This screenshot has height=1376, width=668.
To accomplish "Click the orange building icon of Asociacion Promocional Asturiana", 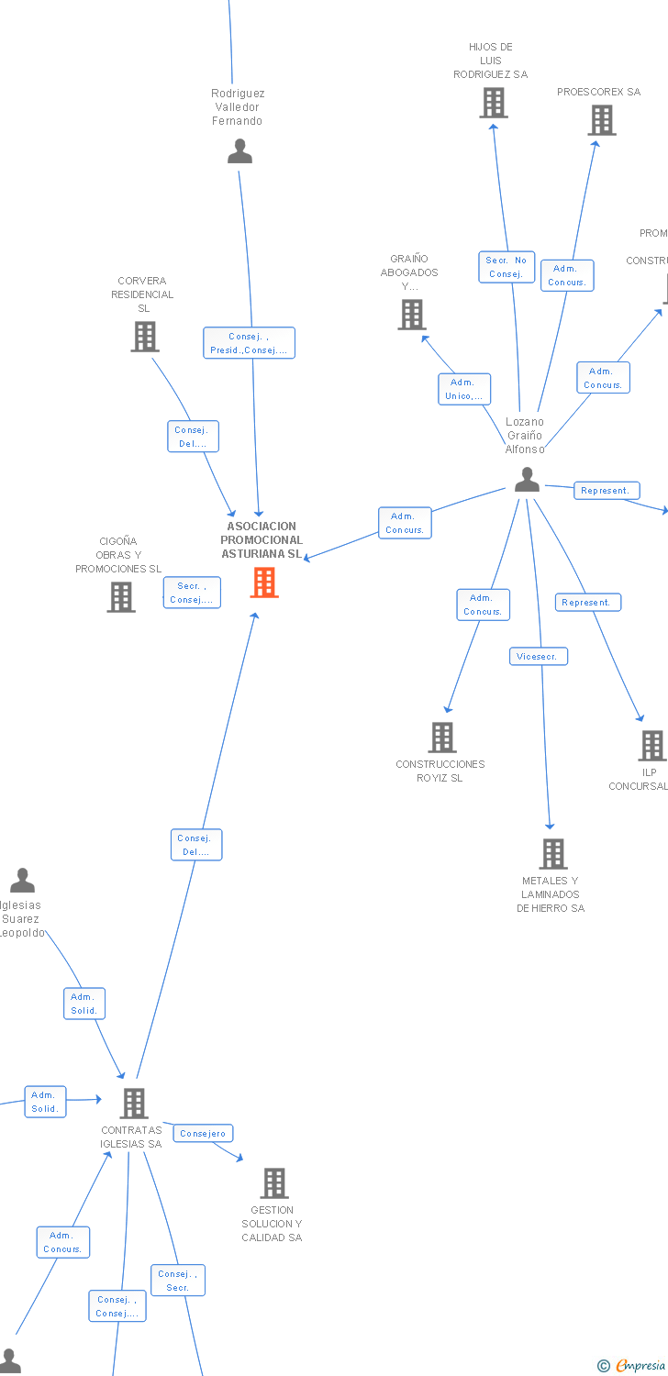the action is point(264,583).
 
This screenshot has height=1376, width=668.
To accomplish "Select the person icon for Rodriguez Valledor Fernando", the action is point(239,151).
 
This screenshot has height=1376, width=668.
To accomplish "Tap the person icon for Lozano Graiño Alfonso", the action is point(527,480).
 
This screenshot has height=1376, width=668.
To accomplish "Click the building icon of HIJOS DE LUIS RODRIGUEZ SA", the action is point(494,103).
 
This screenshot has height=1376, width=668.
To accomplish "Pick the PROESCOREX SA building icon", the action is point(602,120).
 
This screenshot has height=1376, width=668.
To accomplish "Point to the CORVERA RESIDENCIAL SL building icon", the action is point(144,337).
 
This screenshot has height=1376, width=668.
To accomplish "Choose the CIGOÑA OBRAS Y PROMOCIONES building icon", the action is point(121,597).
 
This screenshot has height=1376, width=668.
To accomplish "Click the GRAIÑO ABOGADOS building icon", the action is point(411,315).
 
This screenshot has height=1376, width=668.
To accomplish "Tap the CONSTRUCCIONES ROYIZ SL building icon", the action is point(442,737).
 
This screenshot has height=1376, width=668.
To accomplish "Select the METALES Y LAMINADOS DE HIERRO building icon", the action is point(552,854).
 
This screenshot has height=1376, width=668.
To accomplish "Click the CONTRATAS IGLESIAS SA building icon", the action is point(134,1104).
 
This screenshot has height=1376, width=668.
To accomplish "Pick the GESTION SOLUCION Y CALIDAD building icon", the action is point(273,1183).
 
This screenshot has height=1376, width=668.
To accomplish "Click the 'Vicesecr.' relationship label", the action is point(539,657).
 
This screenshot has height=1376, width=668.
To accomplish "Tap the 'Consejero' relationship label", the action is point(203,1134).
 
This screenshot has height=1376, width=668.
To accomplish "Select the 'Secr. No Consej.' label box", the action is point(507,267).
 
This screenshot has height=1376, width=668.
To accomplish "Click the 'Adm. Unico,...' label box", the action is point(464,389).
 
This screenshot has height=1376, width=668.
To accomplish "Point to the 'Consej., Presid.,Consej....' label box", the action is point(249,343).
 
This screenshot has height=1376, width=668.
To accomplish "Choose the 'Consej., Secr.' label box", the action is point(178,1281).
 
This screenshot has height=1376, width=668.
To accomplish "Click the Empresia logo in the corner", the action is point(633,1366).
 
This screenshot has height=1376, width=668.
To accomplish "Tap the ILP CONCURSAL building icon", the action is point(652,746).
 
